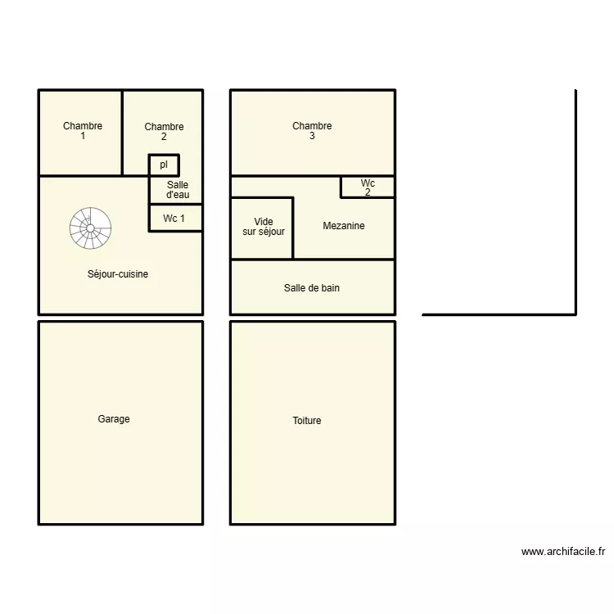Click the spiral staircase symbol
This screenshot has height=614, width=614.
click(x=90, y=228)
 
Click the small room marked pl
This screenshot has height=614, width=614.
click(x=164, y=165)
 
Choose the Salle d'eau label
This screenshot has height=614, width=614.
click(x=178, y=190)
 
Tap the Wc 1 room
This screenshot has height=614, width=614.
click(x=174, y=219)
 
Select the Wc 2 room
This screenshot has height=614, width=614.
click(x=368, y=187)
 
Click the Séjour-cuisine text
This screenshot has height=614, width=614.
click(x=118, y=274)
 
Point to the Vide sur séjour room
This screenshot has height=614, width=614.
click(x=263, y=227)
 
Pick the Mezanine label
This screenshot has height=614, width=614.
click(x=344, y=226)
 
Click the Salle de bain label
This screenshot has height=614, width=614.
click(x=312, y=288)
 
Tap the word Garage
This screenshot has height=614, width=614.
click(x=114, y=419)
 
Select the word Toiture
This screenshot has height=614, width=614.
click(x=307, y=421)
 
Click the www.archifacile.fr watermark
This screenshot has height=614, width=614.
click(x=562, y=552)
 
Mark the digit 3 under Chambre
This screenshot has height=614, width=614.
click(x=312, y=137)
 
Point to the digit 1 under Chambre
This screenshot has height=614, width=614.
click(x=83, y=137)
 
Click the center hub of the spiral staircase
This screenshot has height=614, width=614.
click(x=90, y=228)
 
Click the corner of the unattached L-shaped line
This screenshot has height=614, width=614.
click(x=576, y=314)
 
